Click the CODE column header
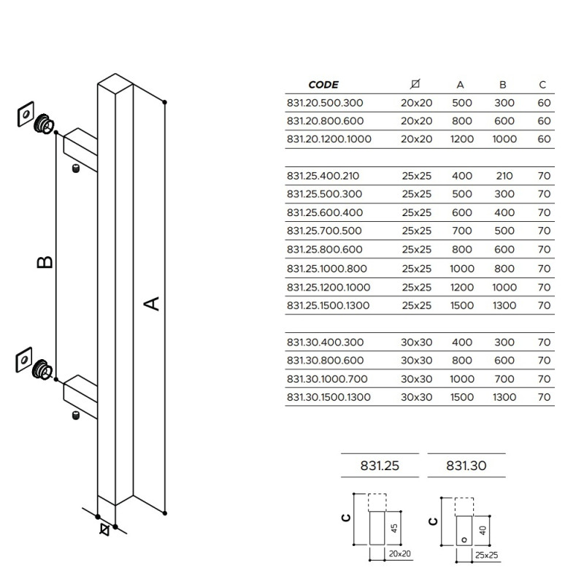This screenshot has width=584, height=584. click(323, 85)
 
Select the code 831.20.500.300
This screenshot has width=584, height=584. click(325, 103)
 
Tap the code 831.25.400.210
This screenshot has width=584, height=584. click(323, 176)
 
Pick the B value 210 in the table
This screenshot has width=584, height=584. click(504, 176)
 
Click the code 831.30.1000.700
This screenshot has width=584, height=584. click(327, 379)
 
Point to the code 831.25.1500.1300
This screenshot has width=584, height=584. click(328, 305)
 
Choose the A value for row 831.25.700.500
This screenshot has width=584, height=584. click(462, 231)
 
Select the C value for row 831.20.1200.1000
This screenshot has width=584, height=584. click(544, 139)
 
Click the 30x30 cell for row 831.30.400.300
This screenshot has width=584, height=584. click(416, 342)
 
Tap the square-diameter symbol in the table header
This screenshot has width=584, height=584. click(415, 84)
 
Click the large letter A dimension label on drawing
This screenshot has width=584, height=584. click(152, 304)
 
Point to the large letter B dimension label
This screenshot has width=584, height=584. click(45, 262)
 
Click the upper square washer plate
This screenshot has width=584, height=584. click(26, 114)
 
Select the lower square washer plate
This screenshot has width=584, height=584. click(24, 360)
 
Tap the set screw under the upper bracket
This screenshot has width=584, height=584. click(76, 169)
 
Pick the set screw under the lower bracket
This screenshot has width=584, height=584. click(76, 415)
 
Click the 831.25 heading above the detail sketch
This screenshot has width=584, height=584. click(380, 466)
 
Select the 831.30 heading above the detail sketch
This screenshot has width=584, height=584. click(466, 466)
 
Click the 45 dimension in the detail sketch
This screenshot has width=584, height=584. click(394, 528)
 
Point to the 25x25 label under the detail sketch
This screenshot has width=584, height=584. click(486, 556)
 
